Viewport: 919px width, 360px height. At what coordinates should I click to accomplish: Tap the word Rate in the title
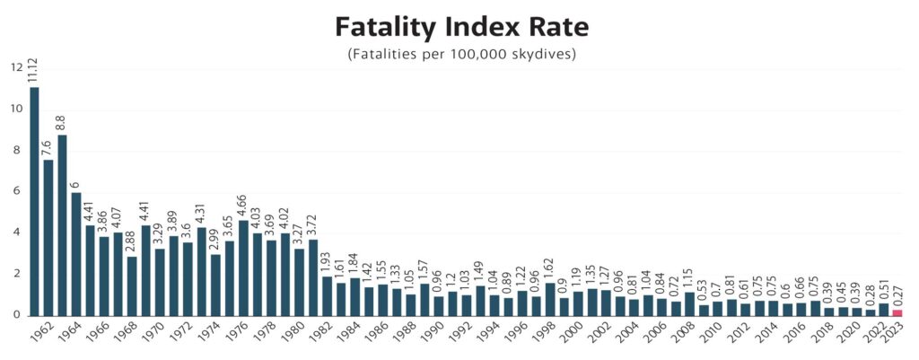click(x=557, y=26)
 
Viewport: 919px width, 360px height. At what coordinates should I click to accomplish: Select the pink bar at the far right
click(x=897, y=312)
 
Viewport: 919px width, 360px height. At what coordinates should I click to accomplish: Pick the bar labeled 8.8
click(x=62, y=224)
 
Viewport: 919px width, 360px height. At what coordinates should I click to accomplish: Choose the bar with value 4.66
click(x=243, y=268)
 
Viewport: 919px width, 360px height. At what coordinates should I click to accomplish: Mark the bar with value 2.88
click(x=132, y=285)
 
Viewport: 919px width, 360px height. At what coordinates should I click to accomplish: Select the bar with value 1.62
click(x=549, y=299)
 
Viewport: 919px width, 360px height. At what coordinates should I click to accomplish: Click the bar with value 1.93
click(x=327, y=295)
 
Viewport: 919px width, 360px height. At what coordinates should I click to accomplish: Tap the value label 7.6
click(x=48, y=147)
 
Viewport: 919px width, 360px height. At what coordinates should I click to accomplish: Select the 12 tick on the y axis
click(x=16, y=67)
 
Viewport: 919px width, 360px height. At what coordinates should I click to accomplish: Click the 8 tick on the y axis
click(x=16, y=150)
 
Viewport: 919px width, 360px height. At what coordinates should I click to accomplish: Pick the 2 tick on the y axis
click(x=16, y=274)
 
